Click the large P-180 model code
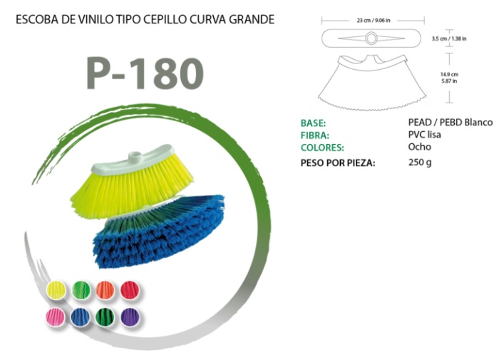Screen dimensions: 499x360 [145, 73]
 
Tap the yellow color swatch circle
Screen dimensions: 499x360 [56, 290]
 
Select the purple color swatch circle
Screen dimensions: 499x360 [130, 317]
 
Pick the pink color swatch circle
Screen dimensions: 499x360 [55, 317]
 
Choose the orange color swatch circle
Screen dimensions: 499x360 [105, 290]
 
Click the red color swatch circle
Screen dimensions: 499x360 [130, 290]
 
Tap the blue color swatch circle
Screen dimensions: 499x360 [80, 317]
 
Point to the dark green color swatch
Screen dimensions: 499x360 [105, 317]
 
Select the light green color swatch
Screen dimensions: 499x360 [81, 290]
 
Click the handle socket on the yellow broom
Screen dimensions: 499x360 [135, 157]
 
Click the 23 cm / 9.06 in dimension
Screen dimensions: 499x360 [374, 21]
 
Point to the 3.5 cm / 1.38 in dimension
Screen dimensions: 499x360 [449, 38]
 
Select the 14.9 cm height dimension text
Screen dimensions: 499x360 [449, 74]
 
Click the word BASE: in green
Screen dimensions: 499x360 [313, 123]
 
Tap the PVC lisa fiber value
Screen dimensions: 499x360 [425, 135]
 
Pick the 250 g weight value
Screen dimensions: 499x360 [420, 163]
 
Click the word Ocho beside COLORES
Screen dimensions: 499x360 [419, 147]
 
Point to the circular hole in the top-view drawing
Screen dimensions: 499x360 [371, 38]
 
